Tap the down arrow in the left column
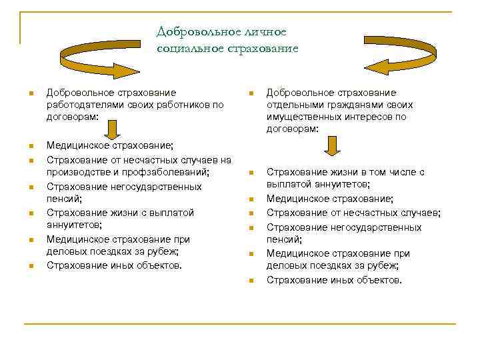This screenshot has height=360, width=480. tap(113, 129)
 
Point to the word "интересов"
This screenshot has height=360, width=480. tap(369, 117)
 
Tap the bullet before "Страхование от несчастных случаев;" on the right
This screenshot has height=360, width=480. tap(251, 214)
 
